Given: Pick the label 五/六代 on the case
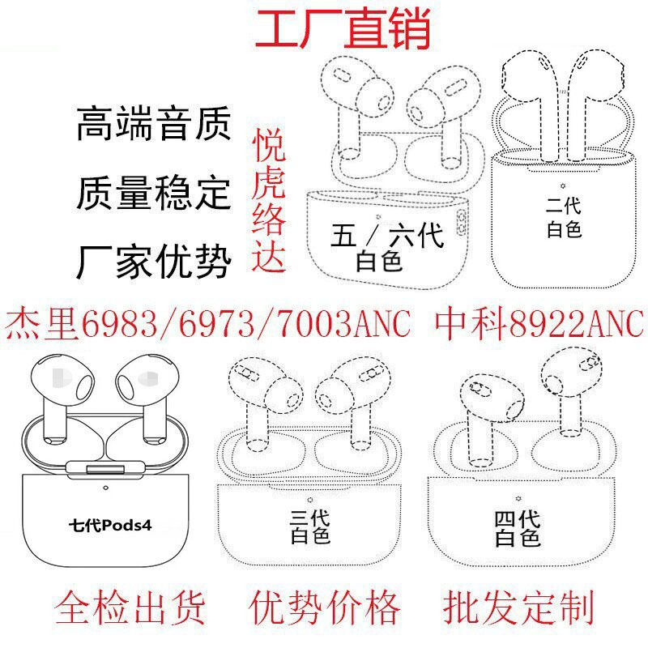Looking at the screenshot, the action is point(387,237).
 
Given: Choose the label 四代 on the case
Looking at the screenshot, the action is point(518,516).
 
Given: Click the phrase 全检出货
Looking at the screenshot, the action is point(130,607).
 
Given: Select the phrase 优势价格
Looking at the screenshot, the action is point(326,607).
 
